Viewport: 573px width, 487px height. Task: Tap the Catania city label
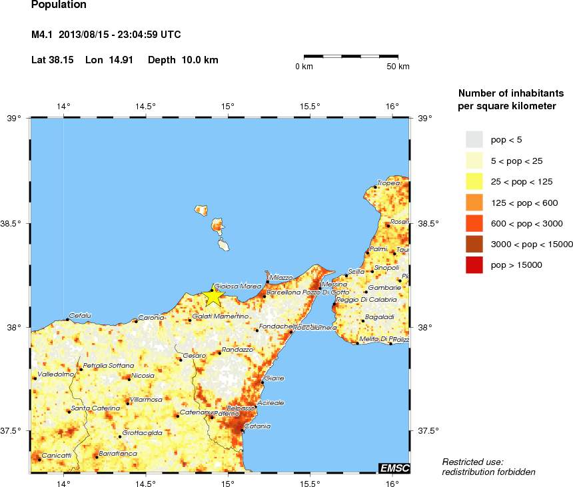pyautogui.click(x=257, y=426)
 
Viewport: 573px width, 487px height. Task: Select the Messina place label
pyautogui.click(x=334, y=284)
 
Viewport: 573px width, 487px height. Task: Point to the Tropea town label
pyautogui.click(x=388, y=183)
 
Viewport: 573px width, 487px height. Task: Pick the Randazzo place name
pyautogui.click(x=237, y=349)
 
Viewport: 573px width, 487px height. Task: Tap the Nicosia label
pyautogui.click(x=143, y=375)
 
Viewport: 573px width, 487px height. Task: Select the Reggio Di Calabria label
pyautogui.click(x=366, y=300)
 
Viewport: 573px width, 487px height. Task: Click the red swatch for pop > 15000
pyautogui.click(x=474, y=264)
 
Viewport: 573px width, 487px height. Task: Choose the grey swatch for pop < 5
pyautogui.click(x=474, y=139)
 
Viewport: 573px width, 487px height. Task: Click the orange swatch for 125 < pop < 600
pyautogui.click(x=474, y=202)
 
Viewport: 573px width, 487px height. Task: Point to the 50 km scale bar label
pyautogui.click(x=398, y=67)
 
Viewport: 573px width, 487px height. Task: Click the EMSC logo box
pyautogui.click(x=394, y=468)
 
